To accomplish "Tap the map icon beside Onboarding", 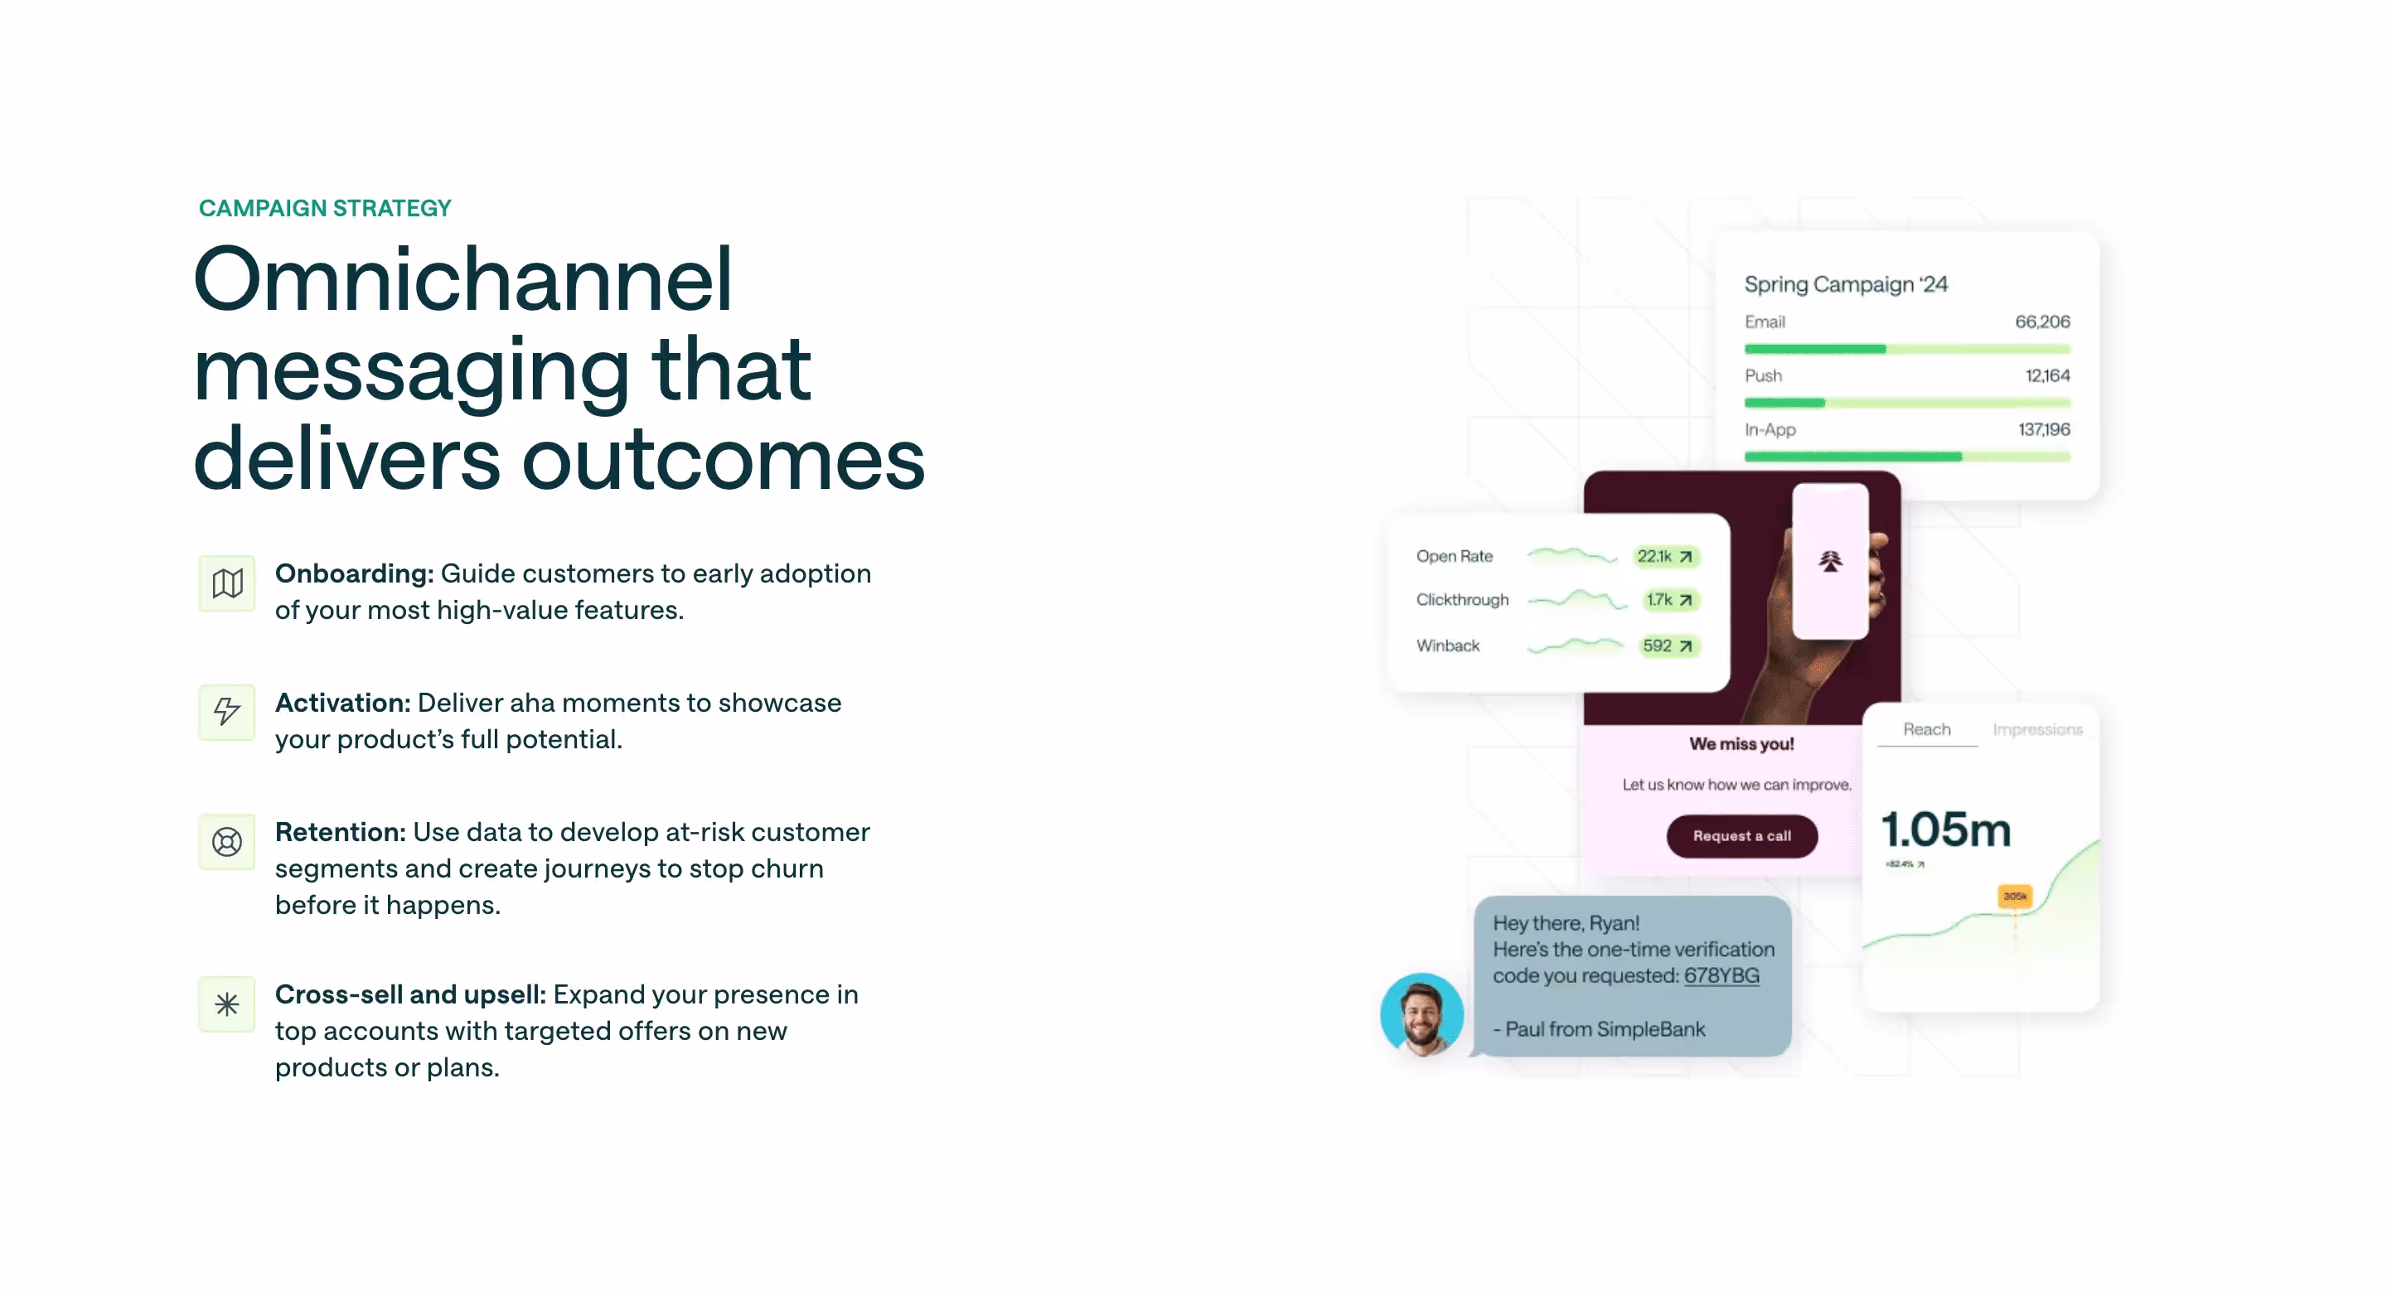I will (x=227, y=583).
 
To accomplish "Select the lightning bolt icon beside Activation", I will (x=227, y=712).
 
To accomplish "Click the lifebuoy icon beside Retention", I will (x=227, y=841).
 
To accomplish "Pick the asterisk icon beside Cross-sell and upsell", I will (x=227, y=1004).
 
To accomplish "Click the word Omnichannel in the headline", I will (x=462, y=279).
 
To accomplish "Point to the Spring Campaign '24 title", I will (x=1845, y=284).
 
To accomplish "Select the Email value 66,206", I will (x=2041, y=322).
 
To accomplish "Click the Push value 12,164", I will (x=2046, y=375).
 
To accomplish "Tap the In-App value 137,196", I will (x=2043, y=429).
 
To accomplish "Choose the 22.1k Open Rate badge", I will (x=1664, y=556).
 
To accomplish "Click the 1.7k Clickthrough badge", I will (x=1669, y=599).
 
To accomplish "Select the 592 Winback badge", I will (x=1667, y=646).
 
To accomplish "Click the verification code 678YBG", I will (x=1721, y=975).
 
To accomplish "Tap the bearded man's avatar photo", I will (x=1421, y=1014).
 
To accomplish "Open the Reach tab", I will (x=1926, y=729).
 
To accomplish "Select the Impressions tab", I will (x=2036, y=729).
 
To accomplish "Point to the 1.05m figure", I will (x=1946, y=829).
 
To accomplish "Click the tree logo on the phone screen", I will (x=1829, y=561).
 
